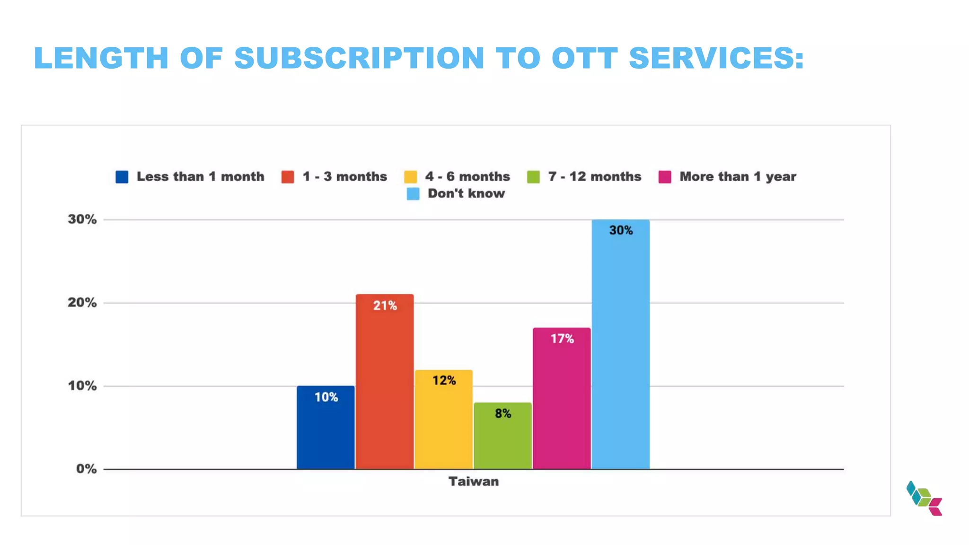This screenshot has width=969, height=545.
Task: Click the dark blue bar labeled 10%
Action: coord(326,428)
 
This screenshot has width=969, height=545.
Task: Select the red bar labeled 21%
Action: coord(385,382)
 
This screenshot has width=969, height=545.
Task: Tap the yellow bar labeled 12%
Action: coord(444,420)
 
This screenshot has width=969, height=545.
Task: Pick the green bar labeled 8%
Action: coord(502,436)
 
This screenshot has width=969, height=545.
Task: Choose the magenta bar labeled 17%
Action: coord(562,398)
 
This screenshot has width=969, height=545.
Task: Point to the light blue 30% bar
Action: coord(620,344)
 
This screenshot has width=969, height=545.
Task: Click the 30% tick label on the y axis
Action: coord(82,220)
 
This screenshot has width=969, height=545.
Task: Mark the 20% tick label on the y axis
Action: coord(82,303)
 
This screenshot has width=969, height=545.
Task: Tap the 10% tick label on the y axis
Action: coord(82,386)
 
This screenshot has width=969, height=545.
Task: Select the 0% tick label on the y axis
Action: coord(86,469)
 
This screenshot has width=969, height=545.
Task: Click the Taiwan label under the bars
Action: coord(474,482)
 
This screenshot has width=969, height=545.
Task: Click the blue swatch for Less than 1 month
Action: coord(122,177)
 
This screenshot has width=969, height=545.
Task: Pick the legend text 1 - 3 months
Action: coord(344,176)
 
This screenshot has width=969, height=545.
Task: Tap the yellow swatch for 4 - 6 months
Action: coord(411,177)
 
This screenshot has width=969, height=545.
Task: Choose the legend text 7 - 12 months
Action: coord(594,176)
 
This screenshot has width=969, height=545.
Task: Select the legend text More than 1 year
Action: coord(738,176)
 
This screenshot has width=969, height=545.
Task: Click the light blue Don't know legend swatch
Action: coord(413,194)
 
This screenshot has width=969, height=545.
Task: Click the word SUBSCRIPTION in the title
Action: coord(359,58)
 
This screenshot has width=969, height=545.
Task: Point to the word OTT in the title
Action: coord(585,58)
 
